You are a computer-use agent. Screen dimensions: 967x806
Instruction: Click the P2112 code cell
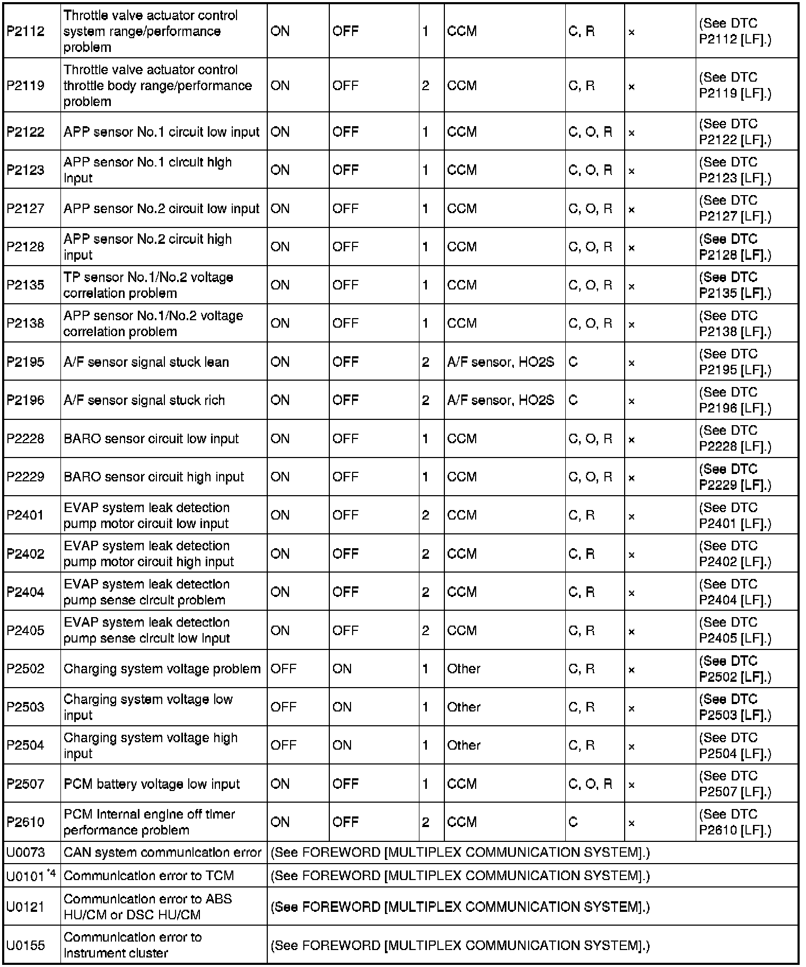(25, 31)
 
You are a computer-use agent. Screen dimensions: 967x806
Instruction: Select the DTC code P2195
(25, 362)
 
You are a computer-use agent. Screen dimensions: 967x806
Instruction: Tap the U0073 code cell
(25, 852)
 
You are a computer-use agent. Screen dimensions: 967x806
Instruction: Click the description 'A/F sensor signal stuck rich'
(144, 400)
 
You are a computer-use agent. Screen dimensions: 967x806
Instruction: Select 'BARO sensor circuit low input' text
(151, 439)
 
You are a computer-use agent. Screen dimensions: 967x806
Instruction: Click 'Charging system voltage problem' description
(162, 669)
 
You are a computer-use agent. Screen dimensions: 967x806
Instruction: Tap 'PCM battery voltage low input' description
(152, 784)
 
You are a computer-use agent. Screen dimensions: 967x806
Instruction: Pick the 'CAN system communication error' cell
(162, 852)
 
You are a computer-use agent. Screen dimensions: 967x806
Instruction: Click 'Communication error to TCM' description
(148, 876)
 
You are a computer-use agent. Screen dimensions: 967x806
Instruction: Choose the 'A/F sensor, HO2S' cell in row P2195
(501, 362)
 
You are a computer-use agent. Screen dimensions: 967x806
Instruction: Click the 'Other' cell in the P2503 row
(463, 707)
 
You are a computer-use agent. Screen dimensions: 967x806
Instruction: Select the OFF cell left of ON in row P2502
(283, 669)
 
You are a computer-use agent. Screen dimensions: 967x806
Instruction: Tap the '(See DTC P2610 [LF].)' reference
(735, 822)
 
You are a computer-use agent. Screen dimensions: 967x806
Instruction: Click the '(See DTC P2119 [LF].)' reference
(735, 85)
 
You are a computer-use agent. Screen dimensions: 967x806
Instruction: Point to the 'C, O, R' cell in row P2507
(590, 784)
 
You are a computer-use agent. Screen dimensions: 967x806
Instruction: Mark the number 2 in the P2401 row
(425, 515)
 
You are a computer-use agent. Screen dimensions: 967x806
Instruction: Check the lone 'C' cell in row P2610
(573, 822)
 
